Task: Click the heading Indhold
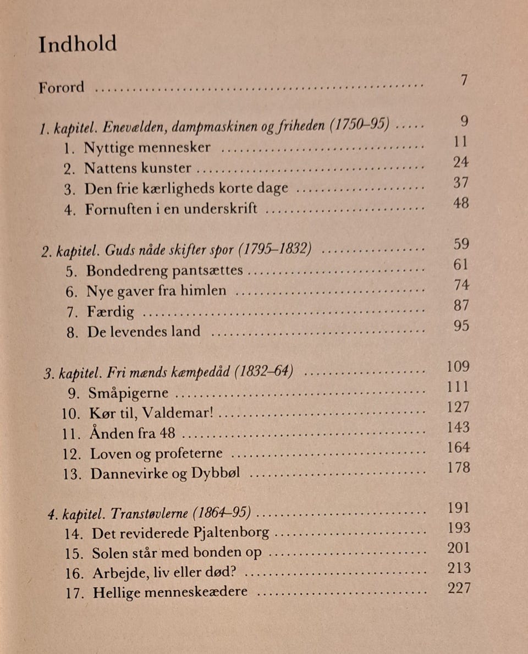pos(78,44)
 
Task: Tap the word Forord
pos(62,87)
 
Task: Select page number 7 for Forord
pos(464,80)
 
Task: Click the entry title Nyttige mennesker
pos(147,148)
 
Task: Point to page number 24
pos(461,162)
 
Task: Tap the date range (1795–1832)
pos(275,250)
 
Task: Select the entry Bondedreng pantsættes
pos(164,270)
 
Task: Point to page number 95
pos(461,326)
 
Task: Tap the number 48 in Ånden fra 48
pos(167,433)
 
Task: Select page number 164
pos(458,447)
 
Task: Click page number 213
pos(458,568)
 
